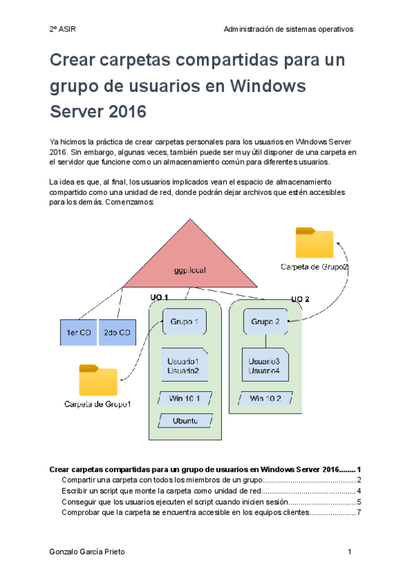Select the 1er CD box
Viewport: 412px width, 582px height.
pyautogui.click(x=78, y=332)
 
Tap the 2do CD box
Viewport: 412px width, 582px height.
pyautogui.click(x=117, y=332)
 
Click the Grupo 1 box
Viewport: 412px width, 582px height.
pyautogui.click(x=185, y=321)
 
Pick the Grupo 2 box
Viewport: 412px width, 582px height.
pyautogui.click(x=266, y=321)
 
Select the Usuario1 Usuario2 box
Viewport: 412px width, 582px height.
pyautogui.click(x=184, y=366)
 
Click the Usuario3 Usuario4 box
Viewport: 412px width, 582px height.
pyautogui.click(x=265, y=366)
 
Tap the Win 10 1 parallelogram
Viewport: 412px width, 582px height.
pyautogui.click(x=184, y=399)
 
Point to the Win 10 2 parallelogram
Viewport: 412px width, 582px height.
pyautogui.click(x=265, y=399)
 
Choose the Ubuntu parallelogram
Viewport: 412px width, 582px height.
pyautogui.click(x=184, y=421)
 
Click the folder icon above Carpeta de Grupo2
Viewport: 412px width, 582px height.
pyautogui.click(x=314, y=243)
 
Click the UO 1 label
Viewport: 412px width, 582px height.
pyautogui.click(x=159, y=297)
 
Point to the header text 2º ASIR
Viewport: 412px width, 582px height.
pyautogui.click(x=63, y=30)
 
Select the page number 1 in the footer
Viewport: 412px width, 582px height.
pyautogui.click(x=350, y=552)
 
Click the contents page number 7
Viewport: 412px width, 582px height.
pyautogui.click(x=358, y=513)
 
